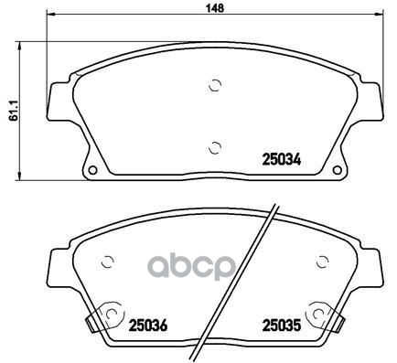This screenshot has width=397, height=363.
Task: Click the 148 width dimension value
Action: tap(215, 7)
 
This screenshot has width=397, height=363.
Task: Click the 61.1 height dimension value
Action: tap(14, 111)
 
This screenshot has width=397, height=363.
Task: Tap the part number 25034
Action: tap(282, 159)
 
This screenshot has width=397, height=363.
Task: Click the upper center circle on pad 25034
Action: tap(215, 85)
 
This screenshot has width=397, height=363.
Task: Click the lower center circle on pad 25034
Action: tap(215, 148)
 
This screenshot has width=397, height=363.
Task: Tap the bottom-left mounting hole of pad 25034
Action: tap(92, 170)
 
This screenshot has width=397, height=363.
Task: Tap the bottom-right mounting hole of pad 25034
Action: tap(338, 170)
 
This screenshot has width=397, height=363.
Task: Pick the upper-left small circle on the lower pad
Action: tap(107, 262)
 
